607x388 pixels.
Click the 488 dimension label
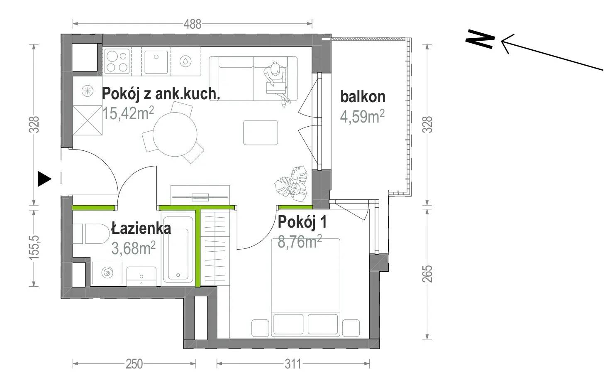(x=193, y=24)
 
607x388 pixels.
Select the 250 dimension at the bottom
(x=134, y=364)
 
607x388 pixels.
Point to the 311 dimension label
(x=293, y=364)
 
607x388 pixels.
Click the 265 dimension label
(x=428, y=274)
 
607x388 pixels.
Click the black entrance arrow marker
(x=44, y=179)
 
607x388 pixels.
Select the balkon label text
(x=363, y=97)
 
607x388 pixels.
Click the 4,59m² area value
(x=362, y=117)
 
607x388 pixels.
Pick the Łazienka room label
(x=141, y=228)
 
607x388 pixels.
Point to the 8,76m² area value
(x=300, y=241)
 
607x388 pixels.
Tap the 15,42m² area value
(x=128, y=113)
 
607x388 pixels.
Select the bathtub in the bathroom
(x=178, y=248)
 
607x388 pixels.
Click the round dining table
(x=175, y=134)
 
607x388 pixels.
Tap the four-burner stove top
(x=117, y=61)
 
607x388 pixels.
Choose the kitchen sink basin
(x=156, y=62)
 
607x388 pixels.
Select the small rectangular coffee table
(x=261, y=133)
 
